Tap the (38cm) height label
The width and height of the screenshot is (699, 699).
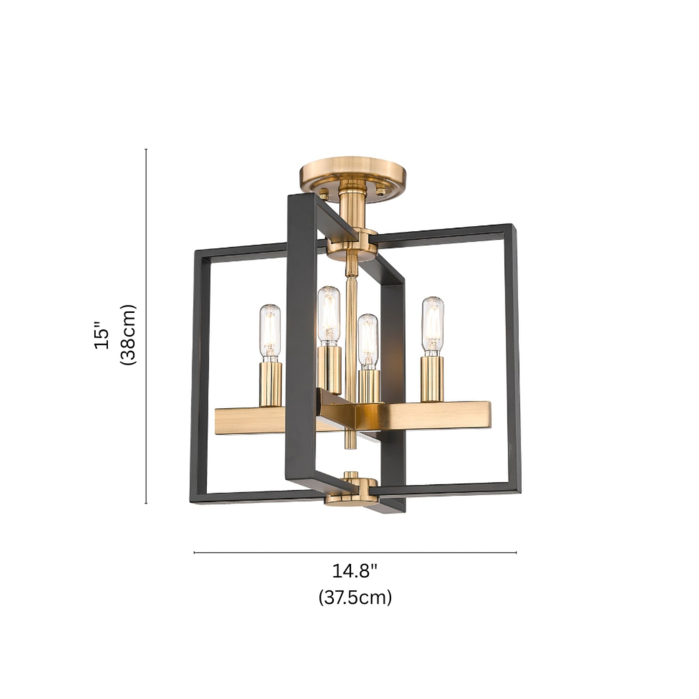[128, 335]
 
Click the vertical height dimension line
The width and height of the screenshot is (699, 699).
[146, 326]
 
